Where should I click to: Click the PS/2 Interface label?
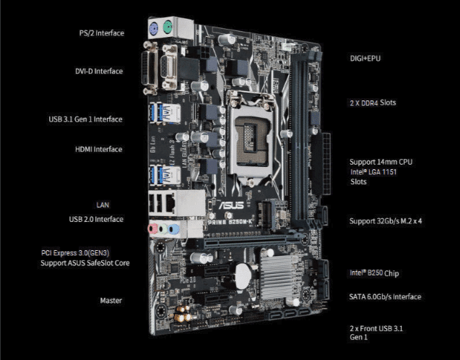point(102,33)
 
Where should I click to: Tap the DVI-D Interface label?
point(99,71)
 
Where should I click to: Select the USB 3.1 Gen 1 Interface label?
point(85,119)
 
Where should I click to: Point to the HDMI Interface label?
point(98,149)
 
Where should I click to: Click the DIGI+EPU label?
point(365,58)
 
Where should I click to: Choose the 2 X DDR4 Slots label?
point(373,103)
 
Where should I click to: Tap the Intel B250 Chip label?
point(374,273)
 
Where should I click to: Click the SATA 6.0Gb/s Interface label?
point(385,296)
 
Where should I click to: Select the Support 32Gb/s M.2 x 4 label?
point(386,220)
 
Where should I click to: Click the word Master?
point(111,301)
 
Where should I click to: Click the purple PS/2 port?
point(155,28)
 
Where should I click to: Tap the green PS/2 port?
point(168,29)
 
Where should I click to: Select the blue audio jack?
point(174,229)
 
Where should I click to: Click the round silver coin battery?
point(243,276)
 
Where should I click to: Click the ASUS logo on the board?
point(232,205)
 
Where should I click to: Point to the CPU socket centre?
point(251,140)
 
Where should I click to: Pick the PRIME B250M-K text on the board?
point(230,222)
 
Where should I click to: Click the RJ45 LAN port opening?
point(170,202)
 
